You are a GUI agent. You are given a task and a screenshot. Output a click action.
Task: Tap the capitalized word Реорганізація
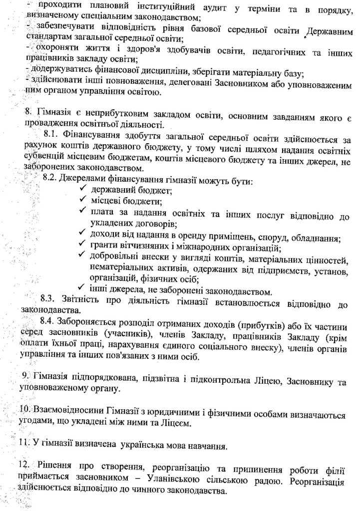point(319,482)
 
